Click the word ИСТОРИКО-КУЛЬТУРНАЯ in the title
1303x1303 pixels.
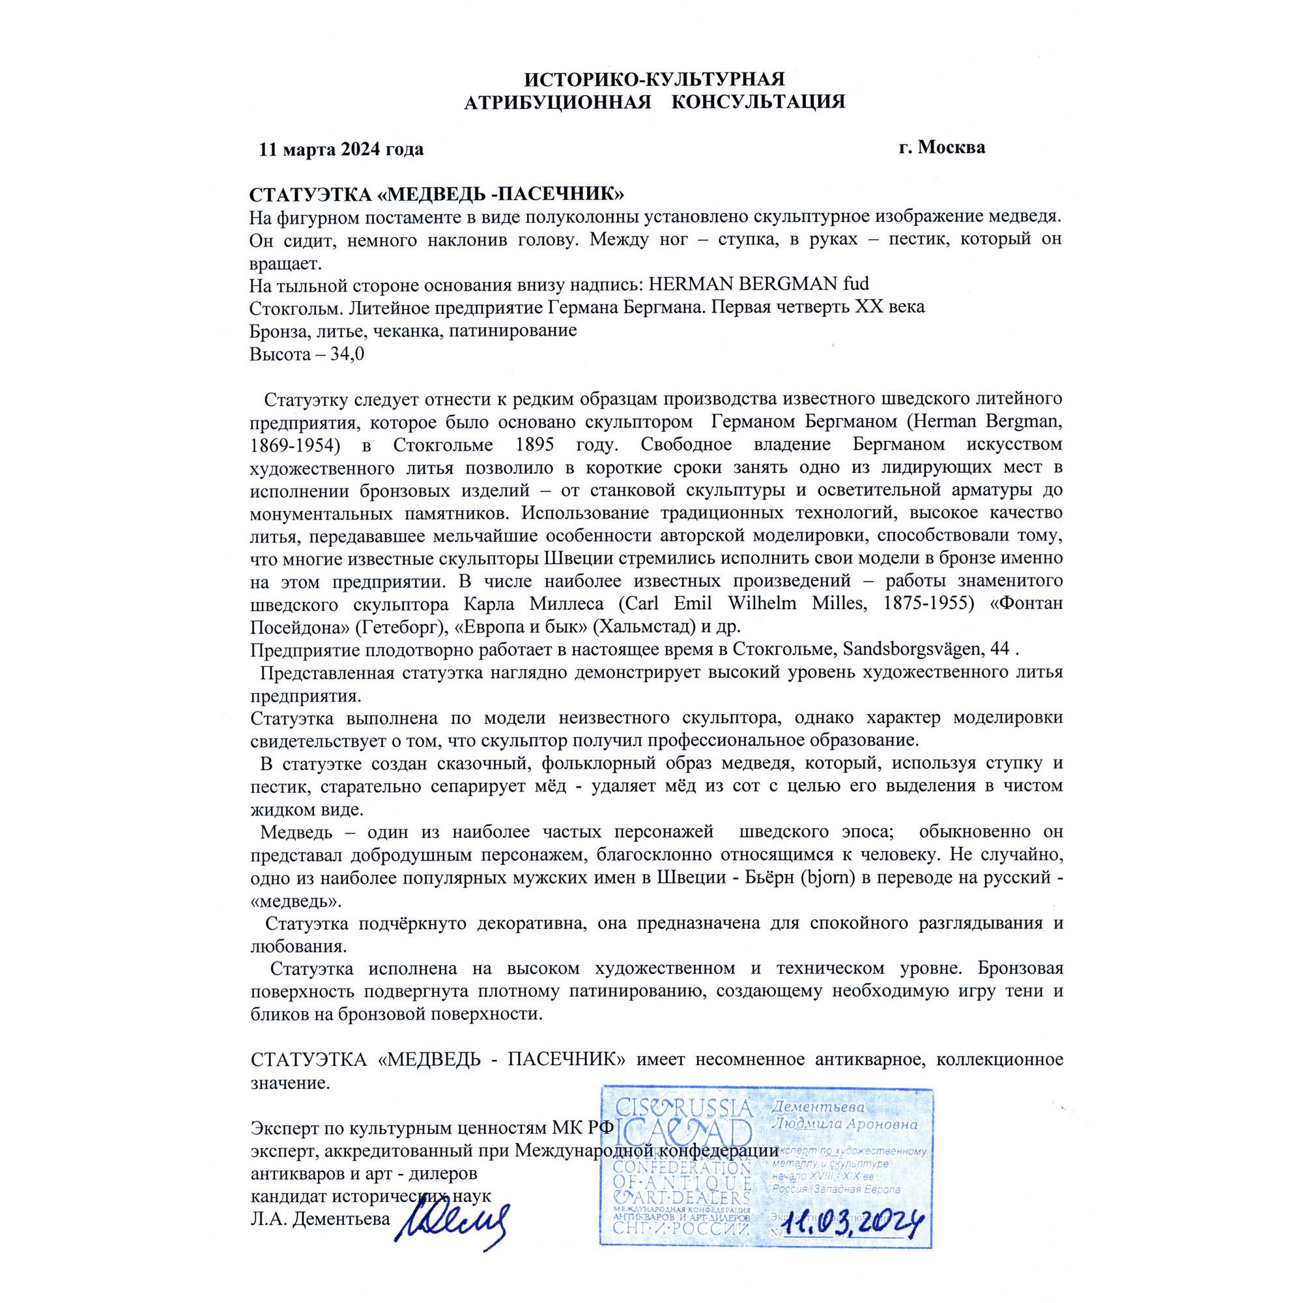pyautogui.click(x=654, y=79)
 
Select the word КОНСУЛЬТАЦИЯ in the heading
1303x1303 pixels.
pyautogui.click(x=759, y=102)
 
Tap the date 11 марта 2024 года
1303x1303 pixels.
pyautogui.click(x=341, y=149)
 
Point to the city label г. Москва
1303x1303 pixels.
pyautogui.click(x=941, y=147)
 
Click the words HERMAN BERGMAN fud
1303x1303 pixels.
pyautogui.click(x=759, y=284)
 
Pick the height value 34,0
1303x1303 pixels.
pyautogui.click(x=347, y=353)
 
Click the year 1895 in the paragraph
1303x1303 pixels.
pyautogui.click(x=534, y=445)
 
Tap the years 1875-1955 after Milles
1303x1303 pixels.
pyautogui.click(x=928, y=603)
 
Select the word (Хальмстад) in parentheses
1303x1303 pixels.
pyautogui.click(x=644, y=627)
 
